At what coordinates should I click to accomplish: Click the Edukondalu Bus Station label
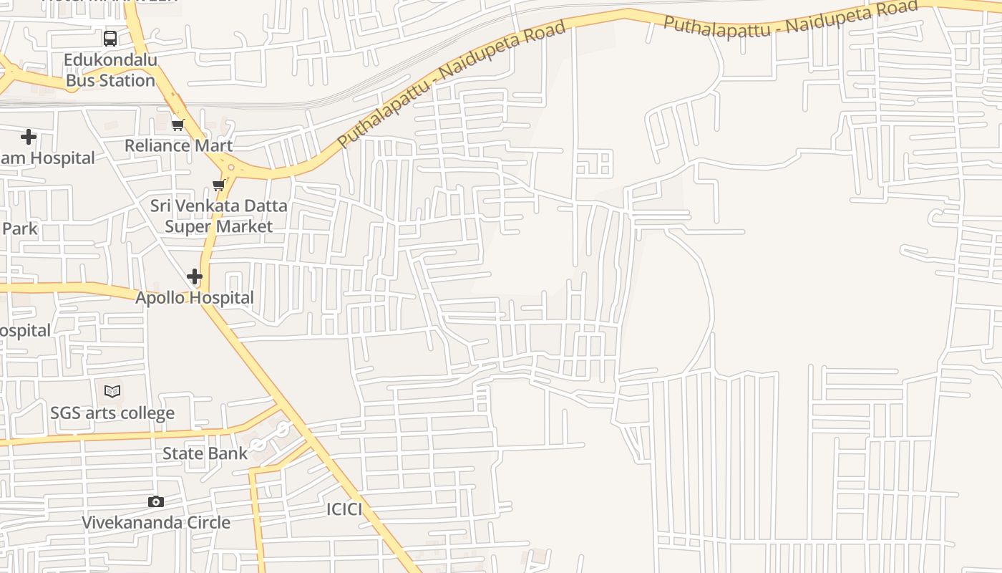(110, 70)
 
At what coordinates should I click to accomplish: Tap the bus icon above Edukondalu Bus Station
(110, 39)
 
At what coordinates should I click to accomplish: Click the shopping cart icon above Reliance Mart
(178, 125)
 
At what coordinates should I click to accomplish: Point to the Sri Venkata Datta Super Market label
(218, 216)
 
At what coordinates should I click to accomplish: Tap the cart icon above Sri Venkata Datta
(219, 186)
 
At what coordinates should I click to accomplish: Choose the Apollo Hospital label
(195, 298)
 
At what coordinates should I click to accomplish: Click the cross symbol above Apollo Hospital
(195, 276)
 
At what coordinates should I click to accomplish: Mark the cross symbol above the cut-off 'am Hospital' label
(29, 136)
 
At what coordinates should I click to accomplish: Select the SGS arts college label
(112, 413)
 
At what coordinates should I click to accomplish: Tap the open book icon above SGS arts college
(112, 391)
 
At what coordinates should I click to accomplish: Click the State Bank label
(205, 453)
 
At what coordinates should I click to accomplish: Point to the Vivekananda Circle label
(156, 522)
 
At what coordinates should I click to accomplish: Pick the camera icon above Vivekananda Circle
(156, 501)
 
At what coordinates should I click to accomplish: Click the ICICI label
(344, 509)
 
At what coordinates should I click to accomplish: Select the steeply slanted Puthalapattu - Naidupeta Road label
(452, 83)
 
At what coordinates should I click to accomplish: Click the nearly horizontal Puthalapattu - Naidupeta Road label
(790, 19)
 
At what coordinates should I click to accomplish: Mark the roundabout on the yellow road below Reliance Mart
(231, 168)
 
